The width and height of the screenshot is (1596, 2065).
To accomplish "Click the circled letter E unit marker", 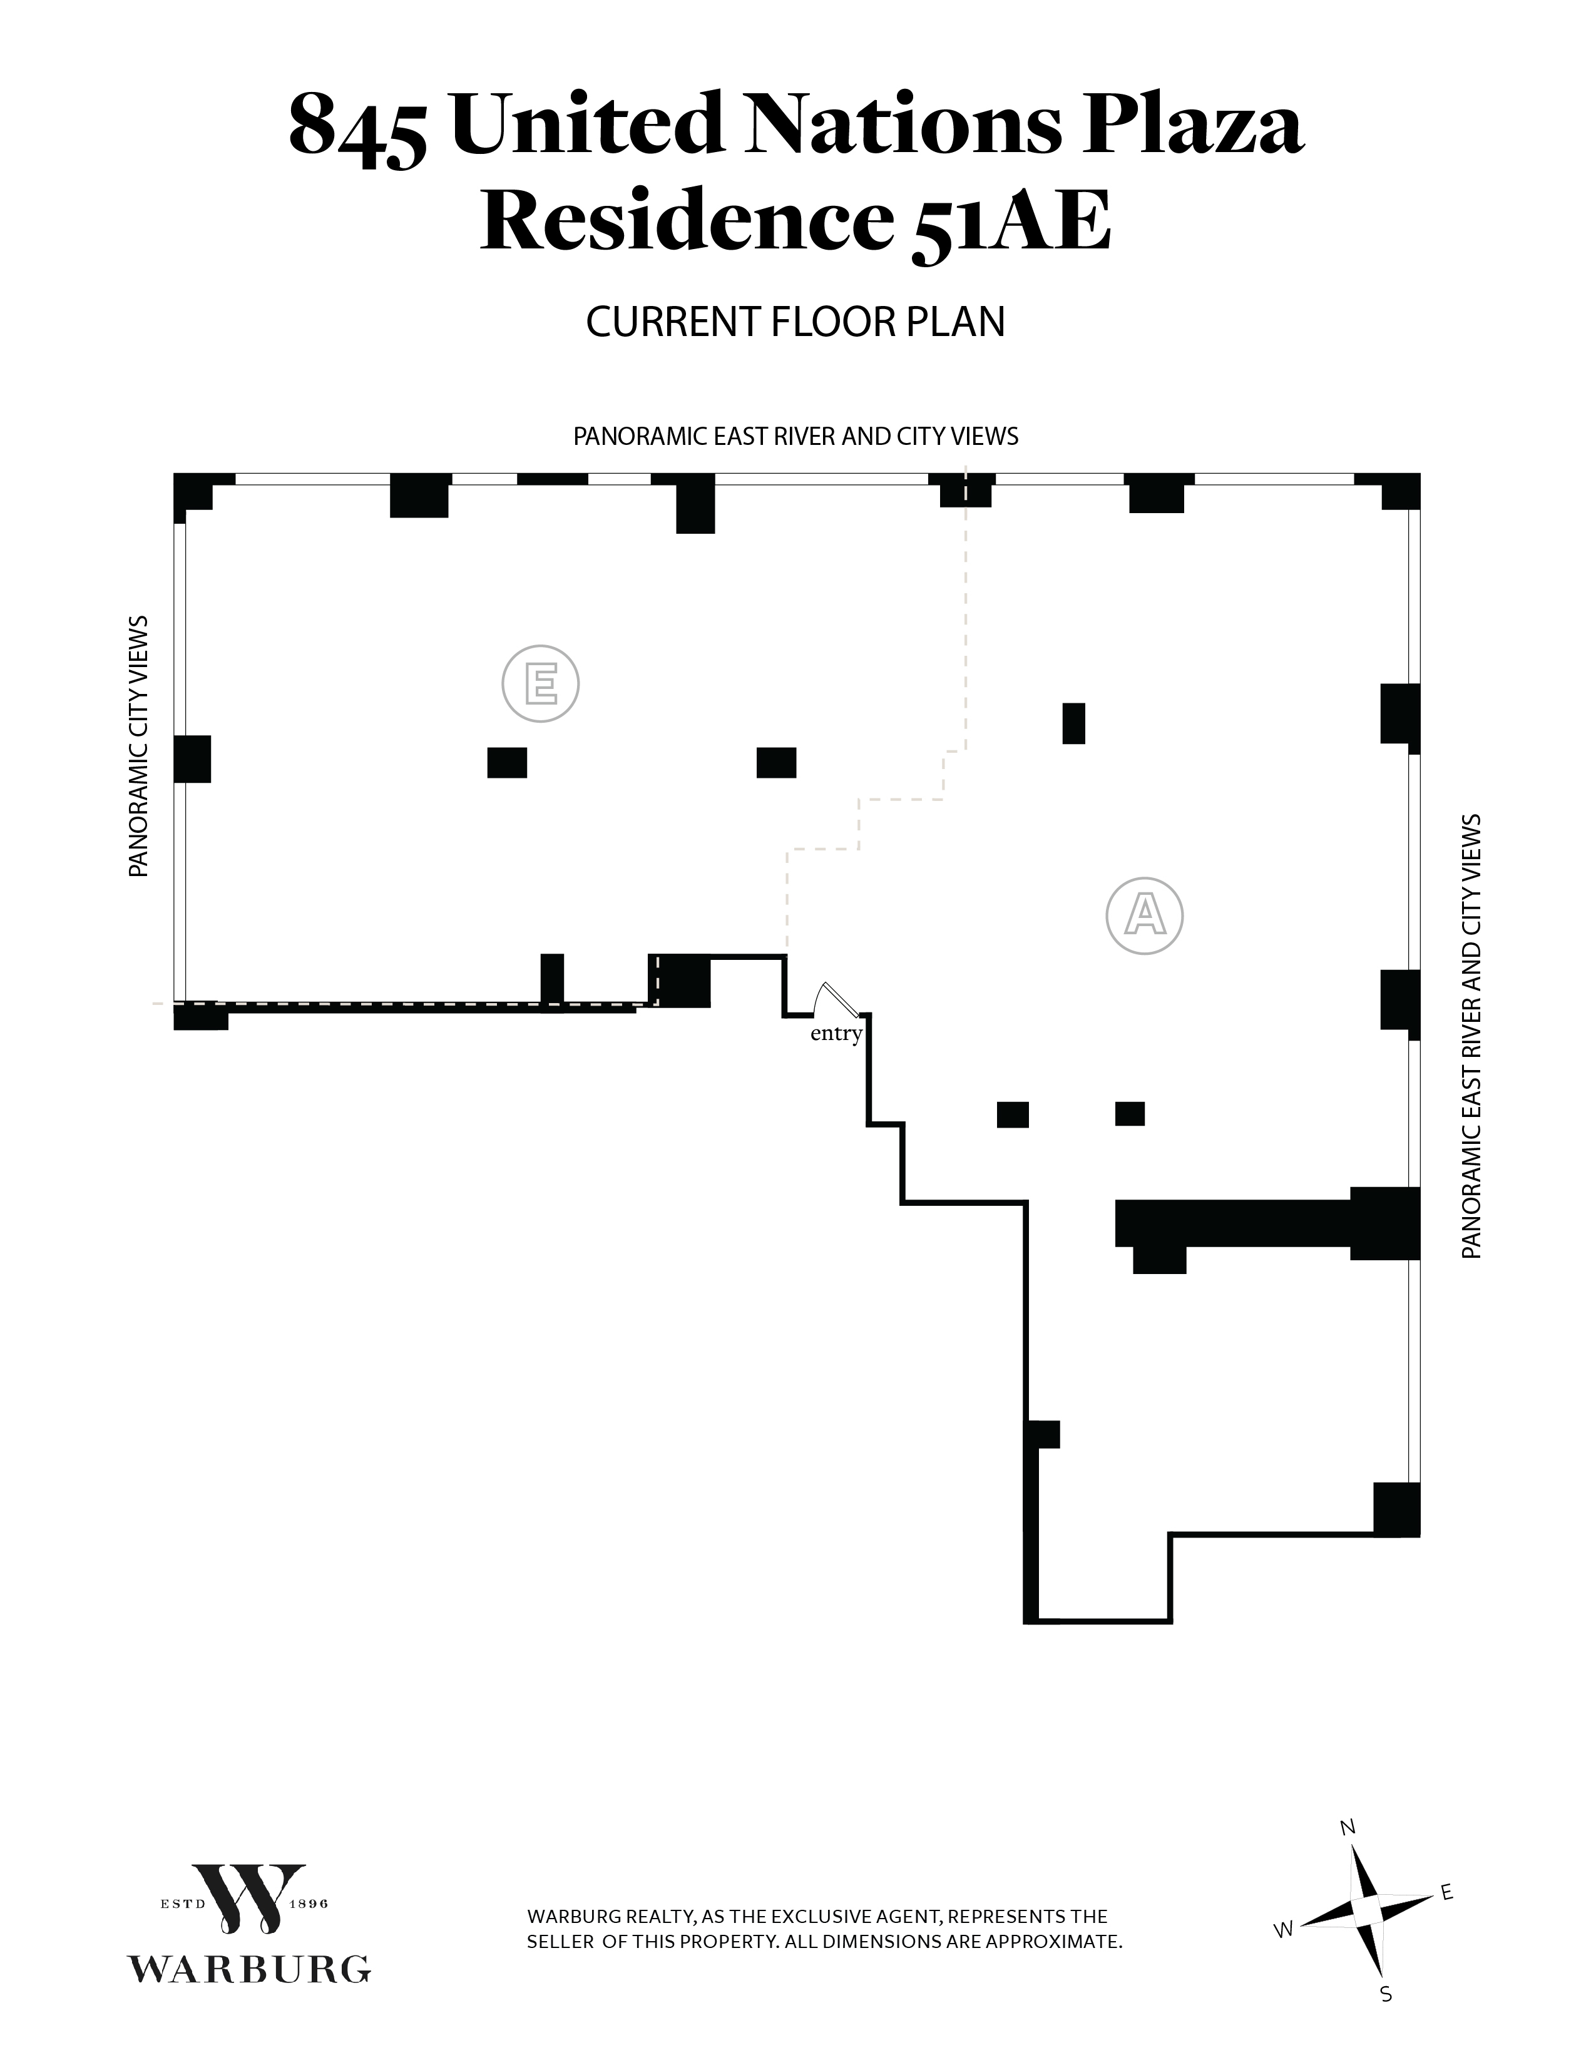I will (x=540, y=683).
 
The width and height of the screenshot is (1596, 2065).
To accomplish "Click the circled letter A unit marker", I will (x=1144, y=915).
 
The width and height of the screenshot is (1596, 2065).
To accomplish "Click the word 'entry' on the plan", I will (x=836, y=1034).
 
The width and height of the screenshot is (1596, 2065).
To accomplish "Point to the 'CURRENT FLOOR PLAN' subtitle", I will (x=795, y=322).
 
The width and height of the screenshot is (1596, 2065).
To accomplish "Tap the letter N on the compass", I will (x=1348, y=1828).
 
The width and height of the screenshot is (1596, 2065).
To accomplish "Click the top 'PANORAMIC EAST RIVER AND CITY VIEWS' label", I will (x=795, y=437).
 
